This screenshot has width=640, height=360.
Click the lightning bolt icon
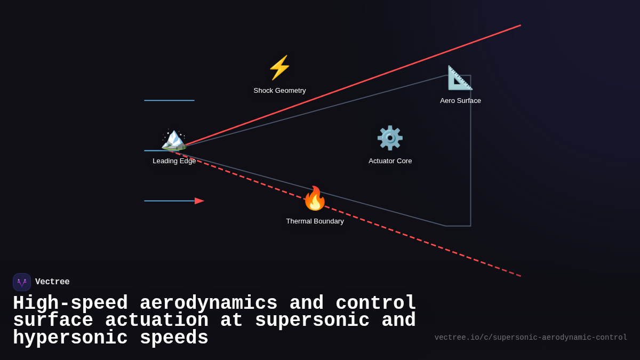[279, 68]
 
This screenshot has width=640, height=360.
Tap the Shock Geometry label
[279, 91]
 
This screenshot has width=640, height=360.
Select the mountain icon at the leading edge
[174, 140]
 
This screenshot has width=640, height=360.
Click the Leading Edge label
[174, 161]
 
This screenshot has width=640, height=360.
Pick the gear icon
[390, 138]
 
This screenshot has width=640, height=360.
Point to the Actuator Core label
[390, 161]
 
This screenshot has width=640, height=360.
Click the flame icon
[315, 198]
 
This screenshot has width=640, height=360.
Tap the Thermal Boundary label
[315, 221]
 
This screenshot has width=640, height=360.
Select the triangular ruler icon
[460, 78]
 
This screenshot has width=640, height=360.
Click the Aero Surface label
[460, 101]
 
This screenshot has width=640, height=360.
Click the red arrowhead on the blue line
[199, 201]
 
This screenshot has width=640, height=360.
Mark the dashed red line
[427, 243]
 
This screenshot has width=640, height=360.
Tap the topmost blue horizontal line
[169, 100]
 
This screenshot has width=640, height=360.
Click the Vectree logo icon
[22, 282]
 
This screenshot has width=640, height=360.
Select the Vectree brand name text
[52, 282]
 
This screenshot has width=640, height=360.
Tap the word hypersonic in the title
[70, 338]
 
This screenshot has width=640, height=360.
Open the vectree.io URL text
[531, 338]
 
